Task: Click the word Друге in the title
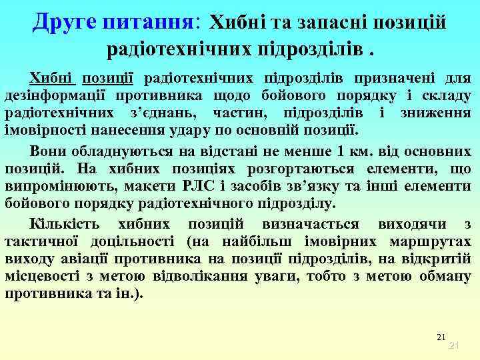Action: coord(65,21)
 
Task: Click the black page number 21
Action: coord(440,337)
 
